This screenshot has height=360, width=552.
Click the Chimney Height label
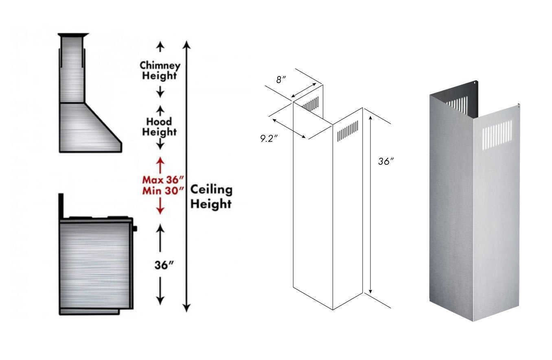(160, 70)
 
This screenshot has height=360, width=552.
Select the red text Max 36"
(161, 179)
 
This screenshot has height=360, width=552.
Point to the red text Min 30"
(161, 190)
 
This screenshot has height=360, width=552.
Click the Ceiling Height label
(211, 196)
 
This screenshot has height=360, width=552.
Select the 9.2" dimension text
(269, 138)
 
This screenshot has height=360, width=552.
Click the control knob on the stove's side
(135, 229)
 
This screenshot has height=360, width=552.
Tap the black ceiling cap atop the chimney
(73, 35)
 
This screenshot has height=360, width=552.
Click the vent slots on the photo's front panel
(497, 134)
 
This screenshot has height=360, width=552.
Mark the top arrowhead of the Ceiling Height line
(186, 44)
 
